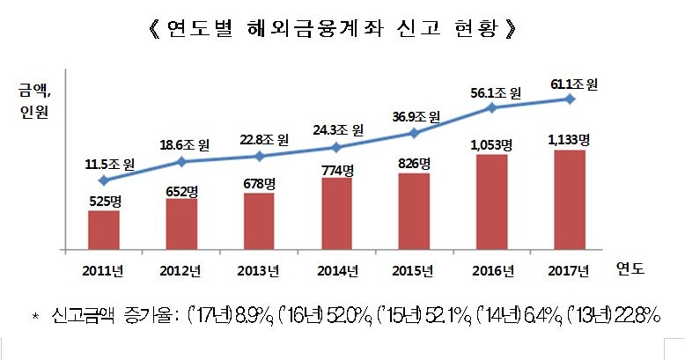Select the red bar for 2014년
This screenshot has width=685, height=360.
click(x=336, y=214)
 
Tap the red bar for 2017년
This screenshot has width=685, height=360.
click(x=570, y=200)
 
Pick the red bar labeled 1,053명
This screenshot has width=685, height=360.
click(x=492, y=202)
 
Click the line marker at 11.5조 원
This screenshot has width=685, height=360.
click(x=104, y=180)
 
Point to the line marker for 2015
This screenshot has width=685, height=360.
click(x=414, y=133)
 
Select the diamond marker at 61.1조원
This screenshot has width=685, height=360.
click(x=570, y=99)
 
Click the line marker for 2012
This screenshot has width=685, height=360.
click(x=181, y=161)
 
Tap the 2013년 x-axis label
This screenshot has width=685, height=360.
click(x=259, y=268)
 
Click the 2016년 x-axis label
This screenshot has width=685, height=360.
click(x=492, y=268)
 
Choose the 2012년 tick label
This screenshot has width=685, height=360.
click(x=181, y=268)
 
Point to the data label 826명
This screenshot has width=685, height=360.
click(x=414, y=164)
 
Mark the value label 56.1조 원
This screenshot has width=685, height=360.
click(x=492, y=91)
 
